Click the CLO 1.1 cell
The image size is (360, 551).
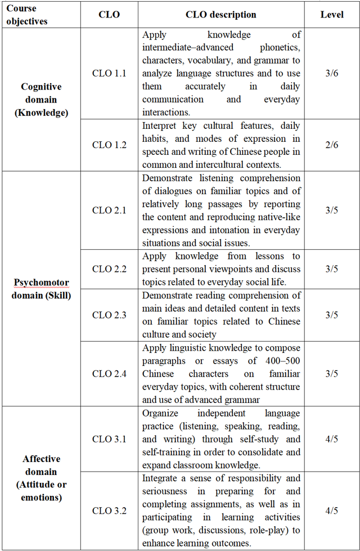[x=109, y=73]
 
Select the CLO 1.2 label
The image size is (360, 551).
[x=109, y=145]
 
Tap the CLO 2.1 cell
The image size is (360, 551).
[x=109, y=210]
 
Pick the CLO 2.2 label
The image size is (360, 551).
[x=109, y=269]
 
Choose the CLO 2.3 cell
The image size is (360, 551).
[x=109, y=315]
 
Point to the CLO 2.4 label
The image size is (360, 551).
[x=109, y=374]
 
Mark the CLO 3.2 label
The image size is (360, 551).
[x=109, y=511]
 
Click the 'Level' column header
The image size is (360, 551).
[x=331, y=15]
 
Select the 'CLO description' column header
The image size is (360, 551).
[x=221, y=15]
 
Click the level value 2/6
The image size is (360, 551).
[x=331, y=145]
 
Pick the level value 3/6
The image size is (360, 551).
[x=331, y=73]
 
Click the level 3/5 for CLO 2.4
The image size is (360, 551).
[x=331, y=374]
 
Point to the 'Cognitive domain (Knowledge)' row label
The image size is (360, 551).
[x=41, y=100]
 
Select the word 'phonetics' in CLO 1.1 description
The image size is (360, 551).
[x=280, y=47]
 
